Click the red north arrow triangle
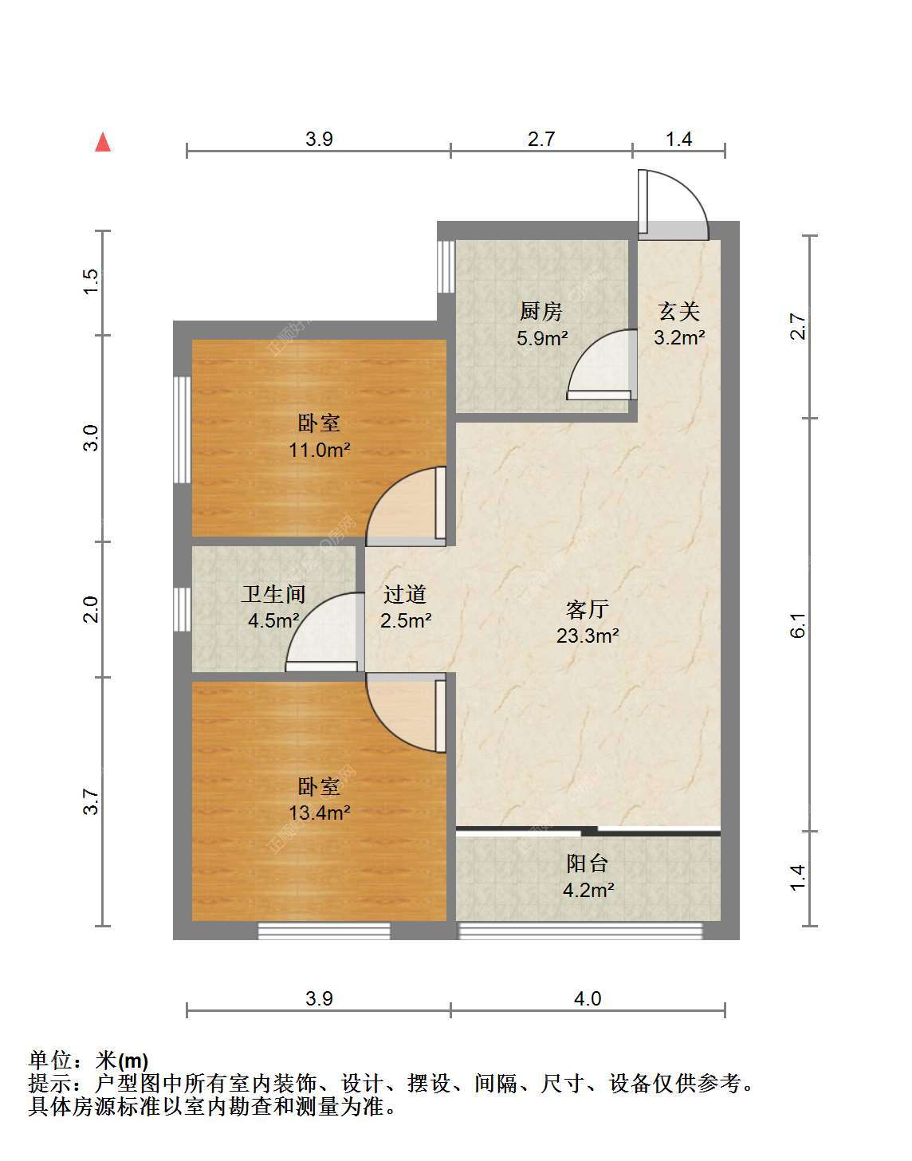[103, 143]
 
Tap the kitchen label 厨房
[541, 312]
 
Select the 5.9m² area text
[542, 337]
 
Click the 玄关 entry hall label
[678, 312]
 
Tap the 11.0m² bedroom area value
[320, 450]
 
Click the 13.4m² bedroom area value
[320, 813]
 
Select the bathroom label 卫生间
[273, 594]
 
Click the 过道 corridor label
[405, 594]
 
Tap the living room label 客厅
[588, 609]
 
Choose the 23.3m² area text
[588, 636]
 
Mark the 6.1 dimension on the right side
[798, 625]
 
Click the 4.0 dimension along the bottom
[588, 998]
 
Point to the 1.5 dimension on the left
[92, 281]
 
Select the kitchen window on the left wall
[446, 266]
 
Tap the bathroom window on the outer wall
[182, 609]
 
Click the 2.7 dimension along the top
[541, 139]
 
